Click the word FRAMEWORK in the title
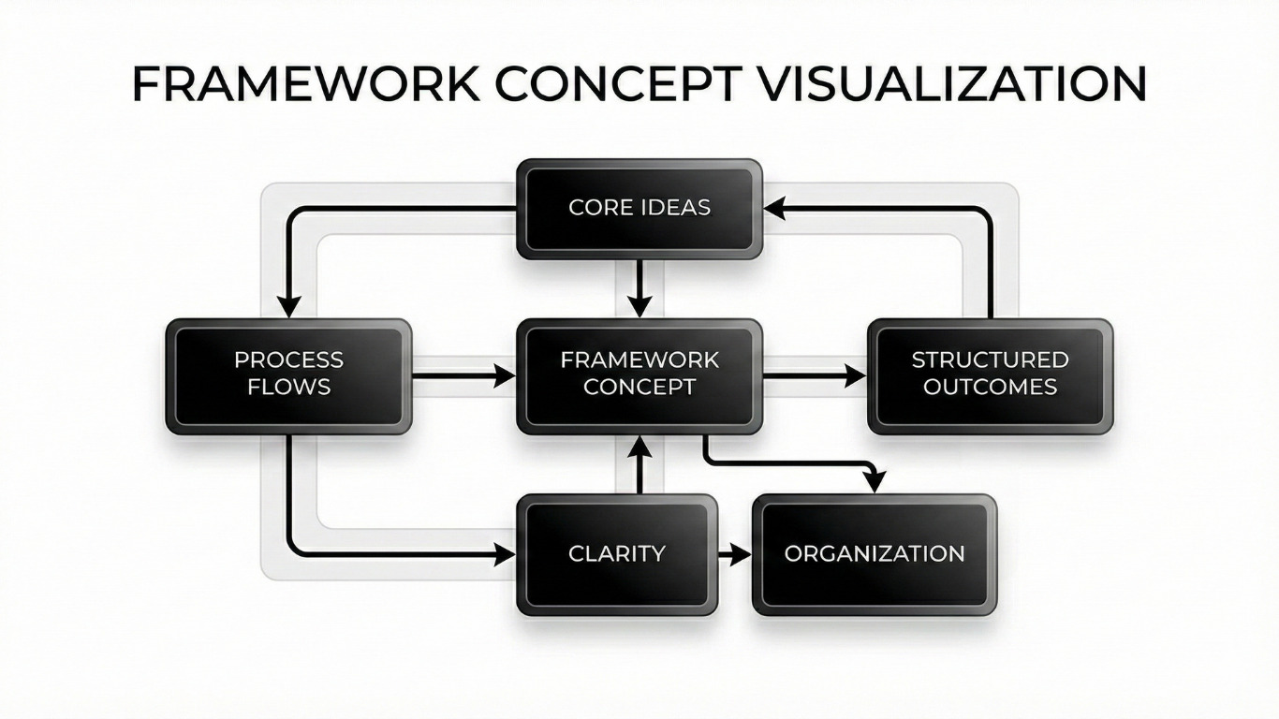(305, 84)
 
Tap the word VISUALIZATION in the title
(950, 84)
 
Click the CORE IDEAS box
(639, 208)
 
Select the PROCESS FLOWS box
(288, 376)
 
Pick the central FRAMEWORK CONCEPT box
(639, 376)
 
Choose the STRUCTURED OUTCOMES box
(990, 376)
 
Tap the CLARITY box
(617, 554)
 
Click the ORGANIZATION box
(875, 554)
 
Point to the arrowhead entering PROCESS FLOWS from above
(289, 307)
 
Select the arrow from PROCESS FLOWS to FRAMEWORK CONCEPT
(463, 376)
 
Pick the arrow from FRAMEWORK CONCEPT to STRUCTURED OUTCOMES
(815, 376)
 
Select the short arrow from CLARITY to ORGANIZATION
(735, 555)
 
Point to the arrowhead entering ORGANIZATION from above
(874, 481)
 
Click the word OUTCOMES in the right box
(990, 387)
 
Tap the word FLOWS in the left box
(289, 387)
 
